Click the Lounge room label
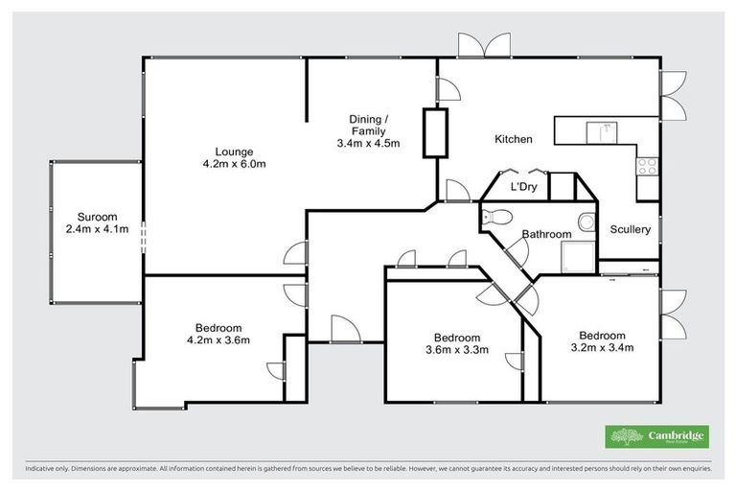click(x=234, y=151)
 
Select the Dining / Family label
click(x=368, y=124)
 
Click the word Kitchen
click(x=513, y=140)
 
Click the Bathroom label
click(x=546, y=234)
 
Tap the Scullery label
click(x=631, y=229)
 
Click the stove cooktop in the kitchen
click(x=646, y=166)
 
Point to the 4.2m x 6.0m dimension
click(x=234, y=164)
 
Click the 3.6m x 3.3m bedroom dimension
click(x=455, y=350)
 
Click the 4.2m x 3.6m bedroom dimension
click(x=218, y=339)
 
